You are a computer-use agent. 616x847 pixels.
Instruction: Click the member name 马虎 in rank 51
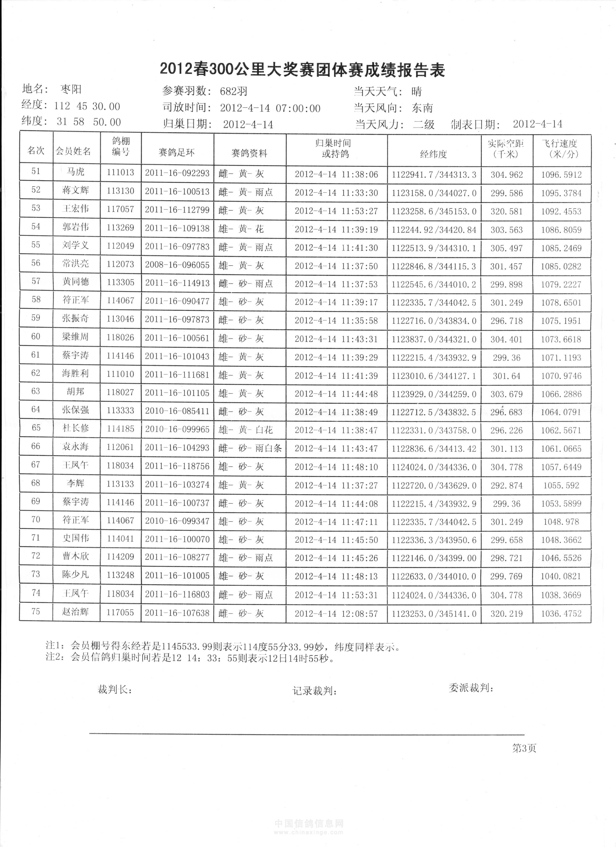76,172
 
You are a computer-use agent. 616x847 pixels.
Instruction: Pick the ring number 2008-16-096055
177,265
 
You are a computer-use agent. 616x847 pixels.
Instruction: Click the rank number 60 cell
36,336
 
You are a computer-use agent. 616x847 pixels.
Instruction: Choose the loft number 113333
120,410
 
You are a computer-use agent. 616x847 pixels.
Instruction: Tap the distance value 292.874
506,485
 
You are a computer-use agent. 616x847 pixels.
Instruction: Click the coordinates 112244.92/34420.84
434,230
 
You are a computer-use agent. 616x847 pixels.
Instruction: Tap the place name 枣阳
71,89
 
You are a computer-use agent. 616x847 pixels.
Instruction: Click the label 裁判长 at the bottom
114,689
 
